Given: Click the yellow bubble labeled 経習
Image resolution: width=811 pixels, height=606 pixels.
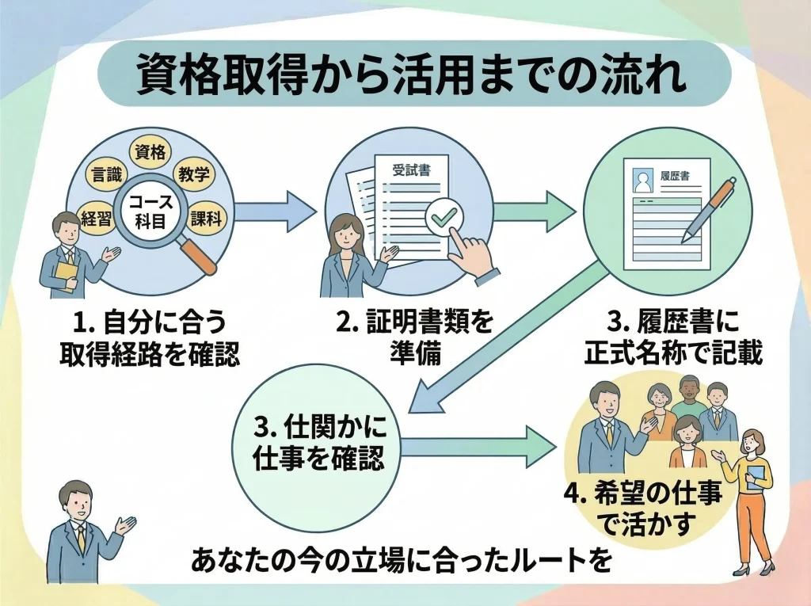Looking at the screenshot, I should tap(97, 221).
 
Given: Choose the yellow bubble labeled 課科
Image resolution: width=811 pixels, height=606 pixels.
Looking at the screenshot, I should tap(206, 219).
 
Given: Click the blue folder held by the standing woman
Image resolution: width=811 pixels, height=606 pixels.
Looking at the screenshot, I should tap(757, 475).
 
